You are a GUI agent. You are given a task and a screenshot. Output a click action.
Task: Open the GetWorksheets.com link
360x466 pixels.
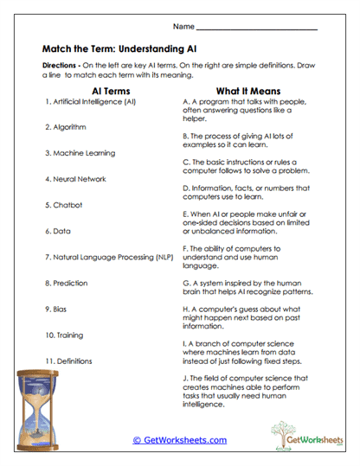pyautogui.click(x=180, y=439)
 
